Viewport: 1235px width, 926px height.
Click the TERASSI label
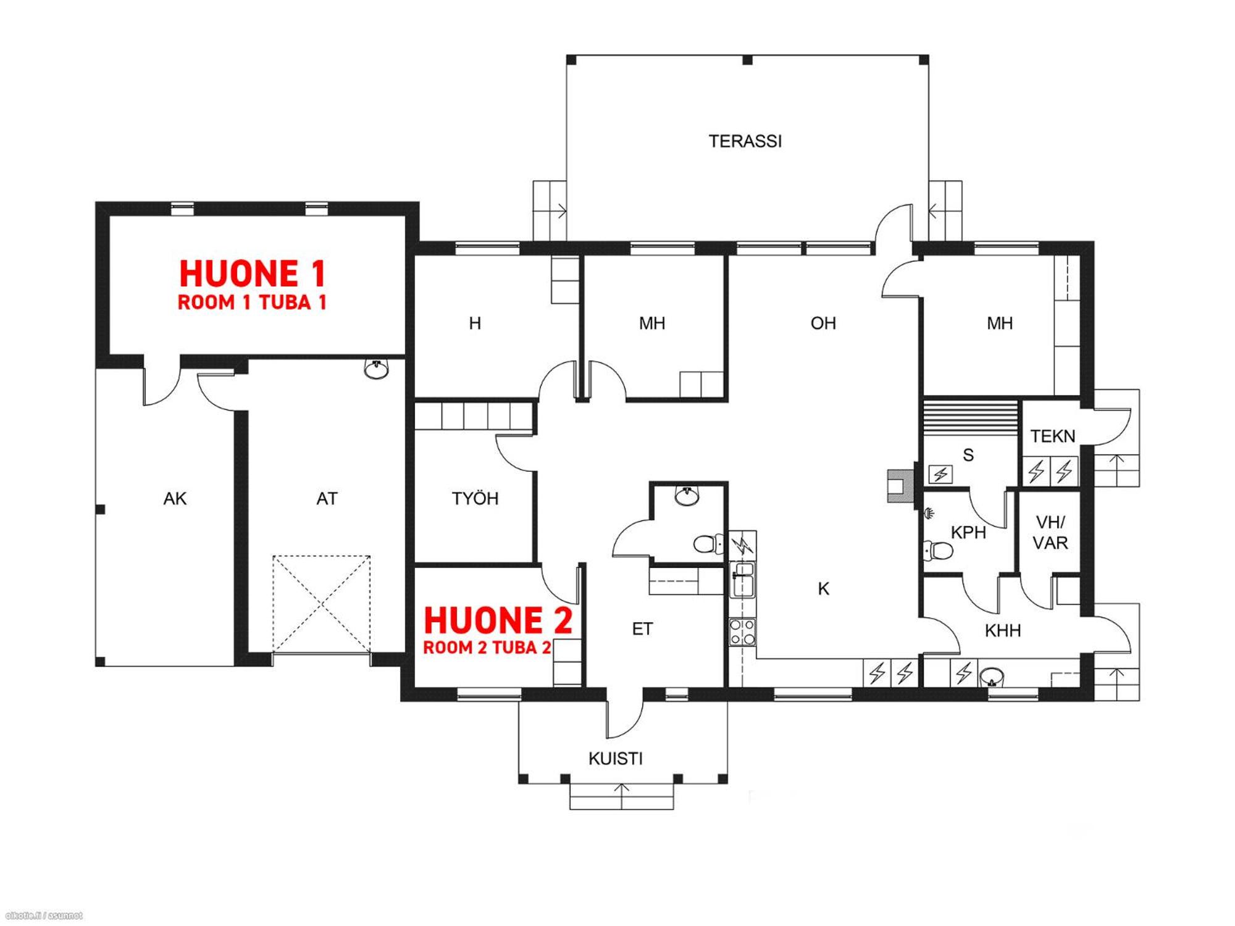click(x=745, y=141)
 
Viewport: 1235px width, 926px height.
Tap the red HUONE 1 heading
click(x=252, y=273)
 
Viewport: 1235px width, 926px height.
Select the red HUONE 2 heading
click(x=498, y=620)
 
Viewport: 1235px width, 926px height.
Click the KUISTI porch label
click(x=615, y=759)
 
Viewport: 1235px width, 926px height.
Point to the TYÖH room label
click(x=474, y=498)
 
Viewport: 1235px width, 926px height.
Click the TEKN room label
click(x=1053, y=436)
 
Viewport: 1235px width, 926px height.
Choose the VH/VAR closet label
click(x=1050, y=533)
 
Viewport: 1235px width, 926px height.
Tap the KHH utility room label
click(x=1002, y=631)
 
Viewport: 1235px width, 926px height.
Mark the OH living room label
click(x=823, y=323)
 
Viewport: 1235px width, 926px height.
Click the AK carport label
click(x=175, y=499)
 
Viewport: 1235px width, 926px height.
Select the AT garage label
click(x=327, y=499)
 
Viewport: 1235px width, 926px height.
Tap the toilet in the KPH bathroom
click(x=937, y=549)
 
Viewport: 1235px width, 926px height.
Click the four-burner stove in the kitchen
click(x=742, y=632)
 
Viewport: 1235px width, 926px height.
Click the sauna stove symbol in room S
click(x=940, y=474)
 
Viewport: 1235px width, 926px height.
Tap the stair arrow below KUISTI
click(x=622, y=796)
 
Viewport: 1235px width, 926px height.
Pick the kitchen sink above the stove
click(x=742, y=580)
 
